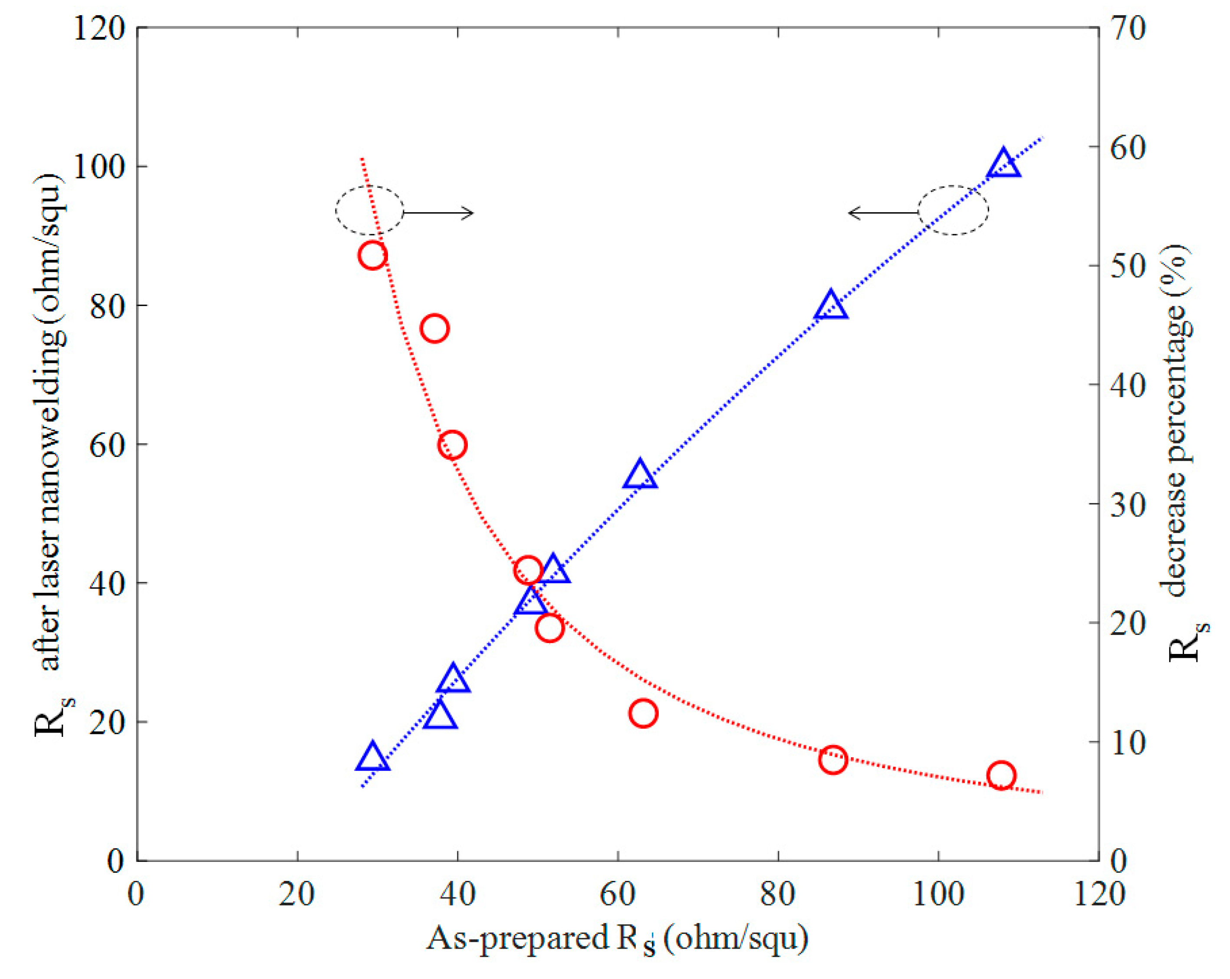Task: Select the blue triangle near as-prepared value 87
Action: (831, 305)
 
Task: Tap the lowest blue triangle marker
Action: (372, 758)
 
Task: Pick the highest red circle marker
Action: (372, 255)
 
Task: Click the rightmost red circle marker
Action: (1001, 775)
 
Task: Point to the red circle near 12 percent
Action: (644, 713)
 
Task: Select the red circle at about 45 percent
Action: (435, 329)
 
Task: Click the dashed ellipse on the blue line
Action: (953, 210)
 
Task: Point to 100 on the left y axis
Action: (99, 167)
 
